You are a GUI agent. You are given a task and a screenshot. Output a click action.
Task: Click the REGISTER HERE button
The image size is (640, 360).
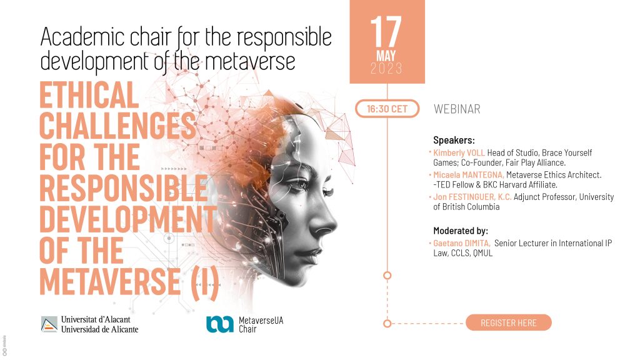[x=508, y=322]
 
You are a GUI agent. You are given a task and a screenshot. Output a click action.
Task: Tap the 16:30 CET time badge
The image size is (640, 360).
[x=387, y=109]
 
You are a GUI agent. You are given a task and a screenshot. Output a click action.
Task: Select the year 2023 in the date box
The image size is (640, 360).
[x=386, y=69]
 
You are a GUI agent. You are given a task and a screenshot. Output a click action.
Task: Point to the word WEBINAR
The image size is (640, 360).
[x=457, y=109]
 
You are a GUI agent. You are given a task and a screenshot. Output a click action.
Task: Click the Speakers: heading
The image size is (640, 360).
[x=454, y=141]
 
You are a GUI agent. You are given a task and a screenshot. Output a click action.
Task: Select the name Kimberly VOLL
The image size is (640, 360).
[x=459, y=152]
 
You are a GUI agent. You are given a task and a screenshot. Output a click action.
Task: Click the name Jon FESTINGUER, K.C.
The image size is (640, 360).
[x=472, y=197]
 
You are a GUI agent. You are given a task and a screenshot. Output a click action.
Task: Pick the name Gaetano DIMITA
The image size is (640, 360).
[x=462, y=243]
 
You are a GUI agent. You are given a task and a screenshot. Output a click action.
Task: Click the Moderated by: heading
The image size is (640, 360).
[x=461, y=231]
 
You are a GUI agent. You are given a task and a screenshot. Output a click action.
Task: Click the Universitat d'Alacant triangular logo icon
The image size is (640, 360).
[x=49, y=324]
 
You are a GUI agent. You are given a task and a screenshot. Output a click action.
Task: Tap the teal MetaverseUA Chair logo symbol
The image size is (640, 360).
[x=219, y=324]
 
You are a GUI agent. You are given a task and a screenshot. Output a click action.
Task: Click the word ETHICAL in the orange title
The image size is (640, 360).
[x=89, y=95]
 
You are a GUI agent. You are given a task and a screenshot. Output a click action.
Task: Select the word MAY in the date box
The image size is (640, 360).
[x=386, y=56]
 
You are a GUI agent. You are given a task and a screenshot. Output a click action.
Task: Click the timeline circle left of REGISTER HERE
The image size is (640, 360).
[x=387, y=323]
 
